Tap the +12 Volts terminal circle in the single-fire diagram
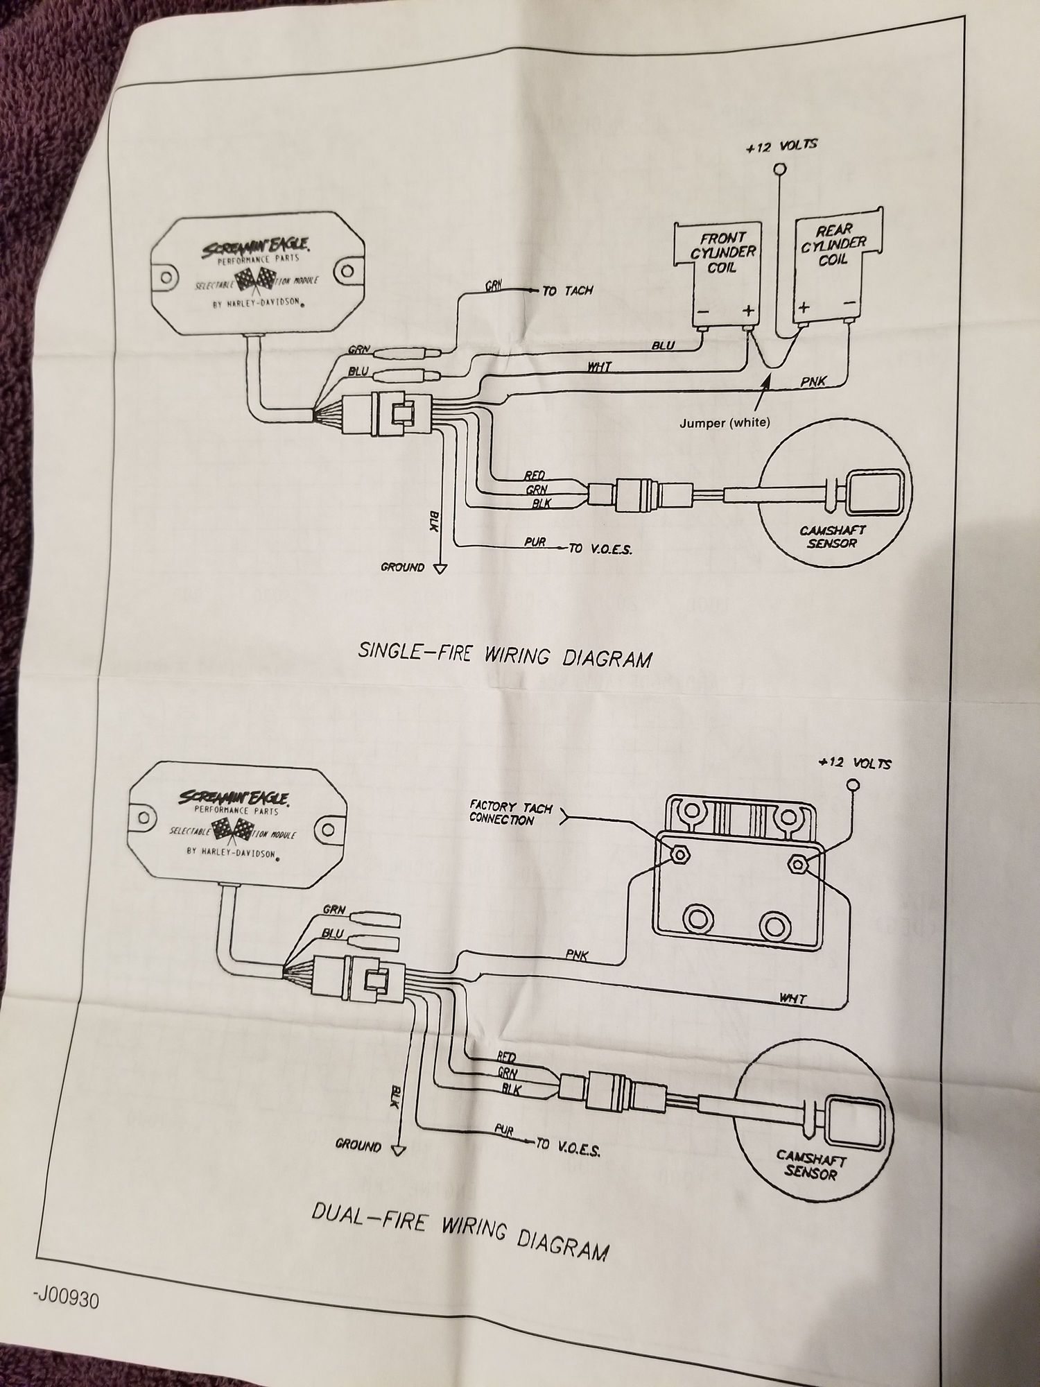coord(781,169)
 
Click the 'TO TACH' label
coord(567,291)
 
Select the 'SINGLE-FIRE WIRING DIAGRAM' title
coord(505,654)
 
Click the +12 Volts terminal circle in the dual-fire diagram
coord(853,785)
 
